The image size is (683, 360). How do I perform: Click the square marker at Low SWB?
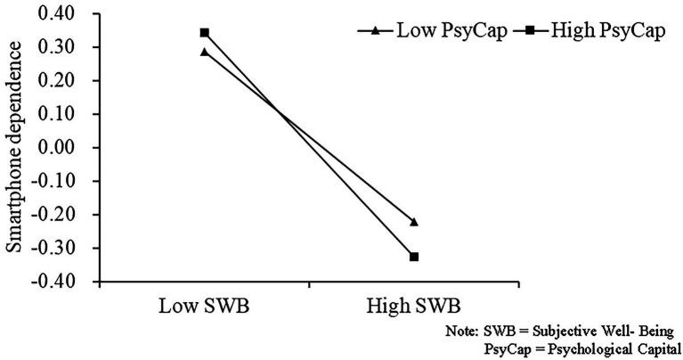204,33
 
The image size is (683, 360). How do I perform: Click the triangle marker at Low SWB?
204,53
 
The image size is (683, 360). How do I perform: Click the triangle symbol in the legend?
376,30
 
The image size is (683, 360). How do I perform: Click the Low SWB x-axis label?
204,307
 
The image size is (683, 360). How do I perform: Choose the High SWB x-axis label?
413,307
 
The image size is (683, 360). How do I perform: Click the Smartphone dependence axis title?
16,147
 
